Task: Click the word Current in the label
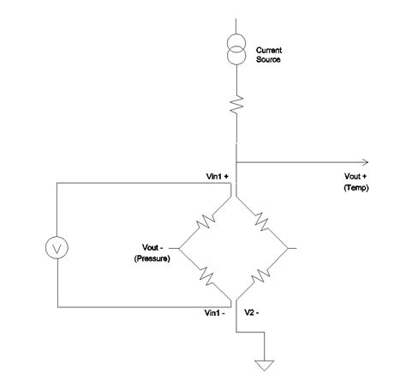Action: (x=269, y=51)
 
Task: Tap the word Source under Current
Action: (x=268, y=59)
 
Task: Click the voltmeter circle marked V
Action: (x=57, y=246)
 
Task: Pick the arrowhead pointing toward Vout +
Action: (x=366, y=161)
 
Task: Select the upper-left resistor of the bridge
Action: (x=205, y=223)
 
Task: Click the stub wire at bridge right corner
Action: (x=294, y=249)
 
